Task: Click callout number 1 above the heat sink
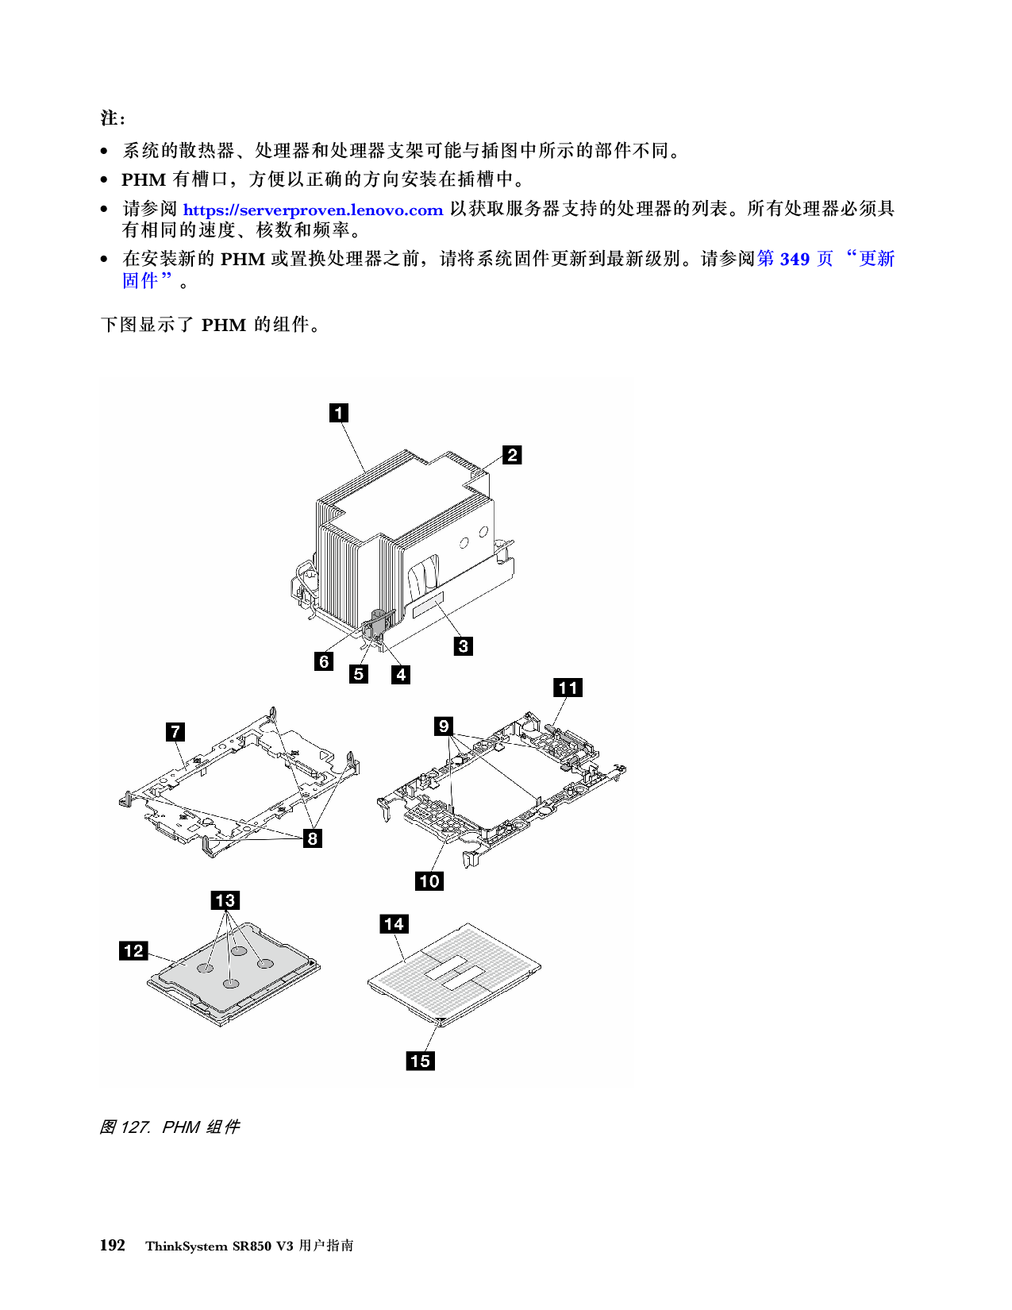pos(339,412)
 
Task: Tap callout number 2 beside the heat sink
pos(512,455)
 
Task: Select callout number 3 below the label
pos(464,645)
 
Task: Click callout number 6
pos(324,661)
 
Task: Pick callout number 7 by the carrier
pos(175,731)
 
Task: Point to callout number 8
pos(313,838)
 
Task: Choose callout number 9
pos(444,726)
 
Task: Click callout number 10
pos(429,880)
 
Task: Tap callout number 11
pos(568,688)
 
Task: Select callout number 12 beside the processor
pos(133,950)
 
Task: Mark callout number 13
pos(225,900)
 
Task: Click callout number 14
pos(394,923)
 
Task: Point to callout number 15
pos(420,1061)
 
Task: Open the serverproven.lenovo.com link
pos(313,210)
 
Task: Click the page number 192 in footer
pos(112,1245)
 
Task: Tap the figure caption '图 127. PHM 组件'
pos(169,1127)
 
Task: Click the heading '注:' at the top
pos(112,118)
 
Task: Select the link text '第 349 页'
pos(795,259)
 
